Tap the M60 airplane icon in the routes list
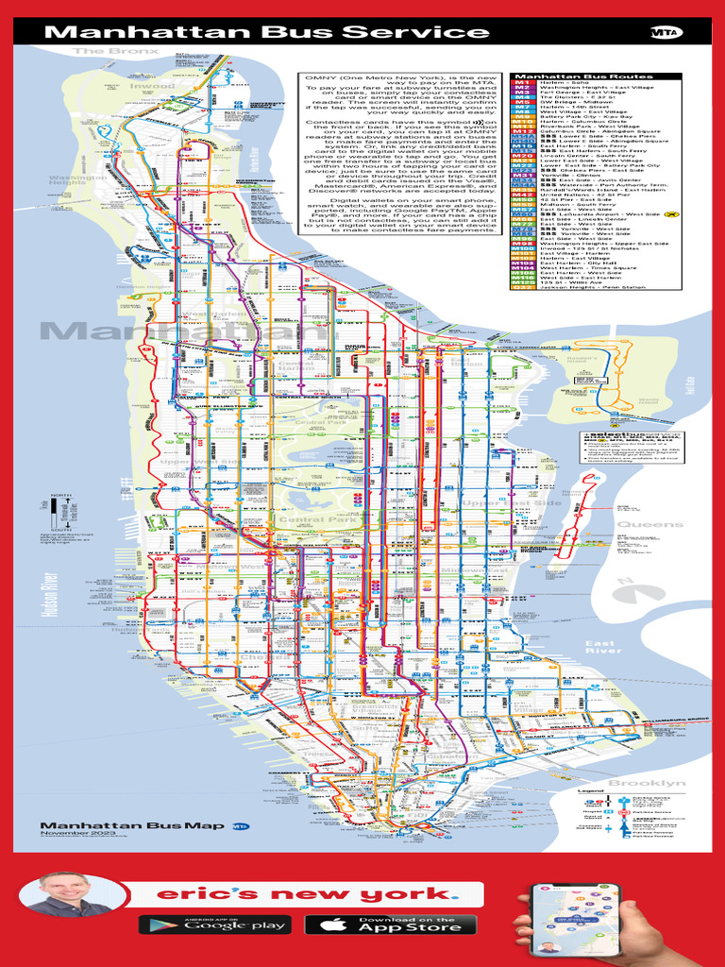(672, 214)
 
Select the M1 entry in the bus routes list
(521, 83)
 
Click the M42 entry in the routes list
(521, 193)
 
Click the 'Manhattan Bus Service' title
(267, 32)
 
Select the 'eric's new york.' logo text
(305, 893)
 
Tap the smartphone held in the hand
(557, 917)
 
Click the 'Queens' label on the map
(650, 524)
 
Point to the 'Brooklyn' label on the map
(647, 784)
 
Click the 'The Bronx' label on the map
(116, 51)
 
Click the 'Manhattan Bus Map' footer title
(132, 825)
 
